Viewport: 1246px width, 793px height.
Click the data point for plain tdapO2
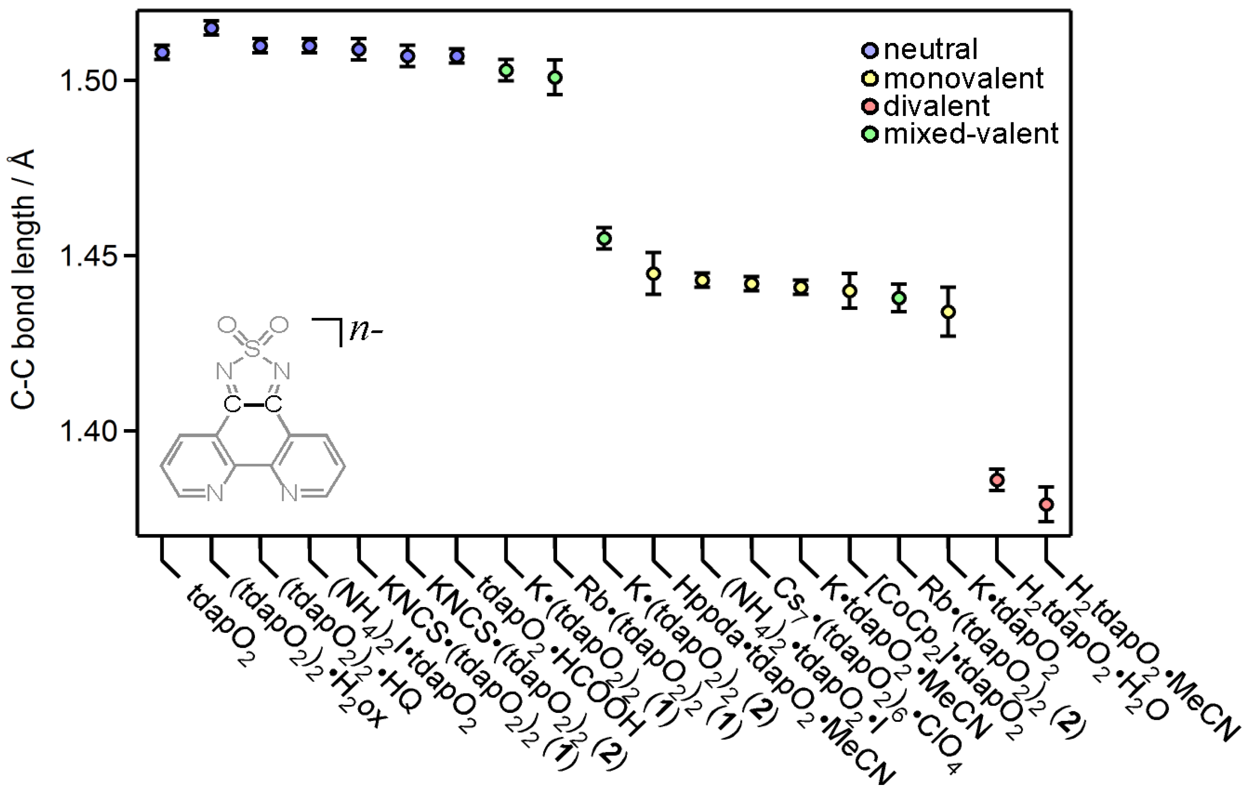[x=162, y=52]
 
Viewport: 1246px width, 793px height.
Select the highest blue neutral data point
[x=211, y=28]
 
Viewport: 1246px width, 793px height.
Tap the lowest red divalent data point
[x=1046, y=504]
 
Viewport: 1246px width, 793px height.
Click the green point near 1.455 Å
[x=604, y=238]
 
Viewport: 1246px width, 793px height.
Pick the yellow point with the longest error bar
[x=948, y=312]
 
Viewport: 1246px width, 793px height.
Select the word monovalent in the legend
[x=964, y=78]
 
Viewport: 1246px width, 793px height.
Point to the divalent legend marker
[x=870, y=107]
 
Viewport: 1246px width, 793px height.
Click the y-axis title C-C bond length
[x=23, y=279]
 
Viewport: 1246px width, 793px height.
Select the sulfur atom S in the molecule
[x=252, y=349]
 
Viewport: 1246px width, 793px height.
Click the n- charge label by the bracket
[x=365, y=331]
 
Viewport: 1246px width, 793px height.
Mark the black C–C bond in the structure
[x=253, y=405]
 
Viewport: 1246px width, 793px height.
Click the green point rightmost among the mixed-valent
[x=899, y=298]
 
